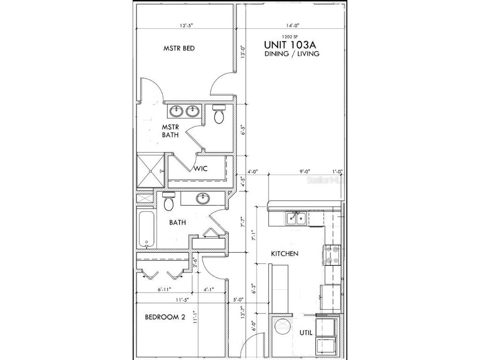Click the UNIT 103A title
pyautogui.click(x=292, y=45)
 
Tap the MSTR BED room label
pyautogui.click(x=179, y=48)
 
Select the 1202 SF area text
pyautogui.click(x=291, y=36)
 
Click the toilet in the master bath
pyautogui.click(x=219, y=114)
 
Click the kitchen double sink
pyautogui.click(x=296, y=218)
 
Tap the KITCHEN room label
pyautogui.click(x=285, y=254)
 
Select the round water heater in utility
pyautogui.click(x=283, y=326)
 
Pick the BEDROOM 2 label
pyautogui.click(x=165, y=317)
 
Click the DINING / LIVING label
pyautogui.click(x=292, y=54)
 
